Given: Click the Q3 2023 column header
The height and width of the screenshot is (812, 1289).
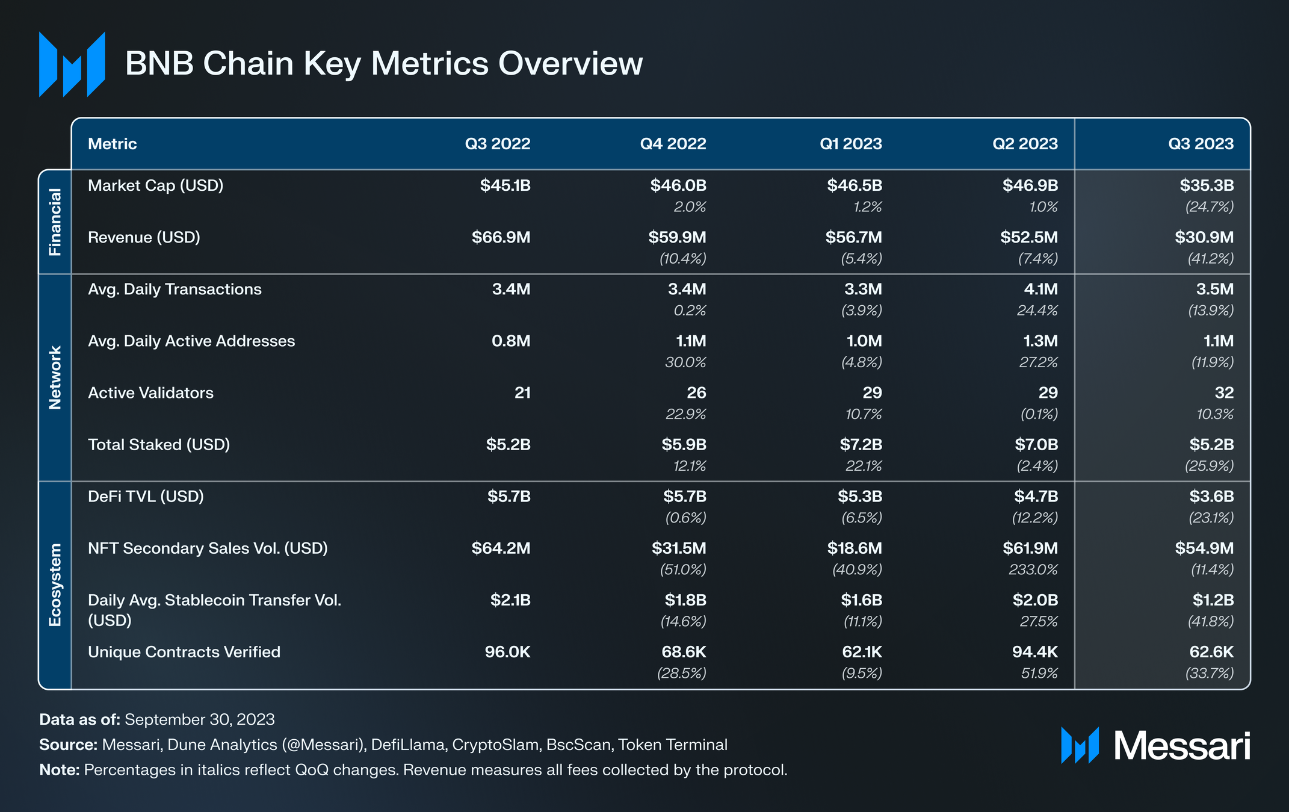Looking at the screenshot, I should [1201, 144].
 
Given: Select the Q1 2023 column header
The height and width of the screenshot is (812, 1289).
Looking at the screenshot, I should [850, 144].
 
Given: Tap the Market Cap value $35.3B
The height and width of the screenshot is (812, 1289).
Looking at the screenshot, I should [1206, 185].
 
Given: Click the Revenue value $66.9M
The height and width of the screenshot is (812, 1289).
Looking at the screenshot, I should [501, 237].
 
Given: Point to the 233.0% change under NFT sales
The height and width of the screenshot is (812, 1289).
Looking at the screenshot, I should [1033, 569].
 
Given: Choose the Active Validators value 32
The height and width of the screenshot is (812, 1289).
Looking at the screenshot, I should [1223, 393].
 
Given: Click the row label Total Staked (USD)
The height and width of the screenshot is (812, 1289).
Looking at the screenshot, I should [159, 445].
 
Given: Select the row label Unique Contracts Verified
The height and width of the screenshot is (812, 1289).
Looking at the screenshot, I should [184, 652].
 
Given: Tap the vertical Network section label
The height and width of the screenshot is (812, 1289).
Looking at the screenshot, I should [55, 377].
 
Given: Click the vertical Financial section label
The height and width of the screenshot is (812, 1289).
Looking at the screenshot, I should [55, 222].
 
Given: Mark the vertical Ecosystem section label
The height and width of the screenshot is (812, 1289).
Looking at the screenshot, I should [55, 584].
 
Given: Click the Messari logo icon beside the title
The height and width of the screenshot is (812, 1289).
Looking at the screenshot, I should [72, 64].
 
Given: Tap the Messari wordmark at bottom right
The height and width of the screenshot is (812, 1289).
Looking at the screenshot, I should [1181, 746].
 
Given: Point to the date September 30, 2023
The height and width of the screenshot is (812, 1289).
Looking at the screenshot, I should [199, 720].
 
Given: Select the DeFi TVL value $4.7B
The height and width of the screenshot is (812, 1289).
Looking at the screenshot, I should [1035, 497].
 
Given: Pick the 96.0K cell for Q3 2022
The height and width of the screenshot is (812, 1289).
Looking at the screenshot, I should [507, 652].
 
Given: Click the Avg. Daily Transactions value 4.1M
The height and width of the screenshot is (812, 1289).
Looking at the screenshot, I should [1040, 290].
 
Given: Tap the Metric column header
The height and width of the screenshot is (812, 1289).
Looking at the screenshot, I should [113, 144].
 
